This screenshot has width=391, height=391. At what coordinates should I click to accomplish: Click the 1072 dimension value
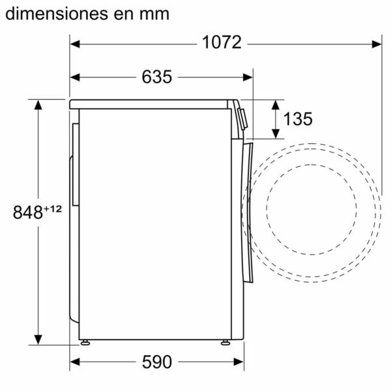coord(222,43)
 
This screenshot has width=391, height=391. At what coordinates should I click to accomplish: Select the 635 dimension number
coord(156,77)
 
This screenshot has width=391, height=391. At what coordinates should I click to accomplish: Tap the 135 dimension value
coord(298,119)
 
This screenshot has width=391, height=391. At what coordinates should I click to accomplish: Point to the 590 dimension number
coord(156,362)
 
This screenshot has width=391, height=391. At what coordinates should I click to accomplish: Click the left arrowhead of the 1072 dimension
coord(75,44)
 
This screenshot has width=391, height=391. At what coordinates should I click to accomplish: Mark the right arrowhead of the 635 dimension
coord(248,77)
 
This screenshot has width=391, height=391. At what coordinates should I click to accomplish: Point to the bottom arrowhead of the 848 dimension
coord(38,339)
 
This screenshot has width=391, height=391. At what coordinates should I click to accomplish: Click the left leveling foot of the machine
coord(85,341)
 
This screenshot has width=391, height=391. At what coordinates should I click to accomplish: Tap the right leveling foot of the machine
coord(225,341)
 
